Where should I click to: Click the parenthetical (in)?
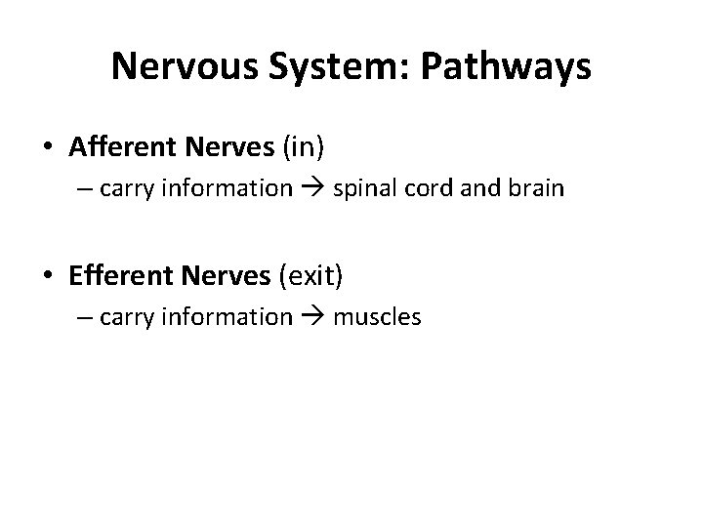303,147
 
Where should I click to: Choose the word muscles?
378,316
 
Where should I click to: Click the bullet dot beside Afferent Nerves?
48,148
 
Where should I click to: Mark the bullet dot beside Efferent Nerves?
48,277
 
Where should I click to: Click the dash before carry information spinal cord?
85,188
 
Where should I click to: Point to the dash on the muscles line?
85,316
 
